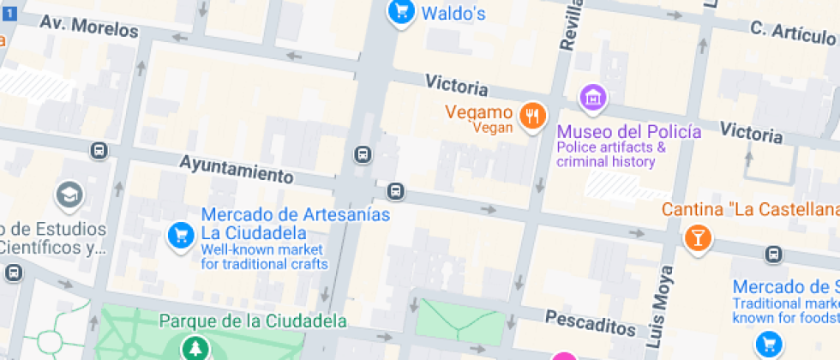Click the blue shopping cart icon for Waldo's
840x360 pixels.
pyautogui.click(x=400, y=11)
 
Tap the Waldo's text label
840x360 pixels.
pyautogui.click(x=454, y=13)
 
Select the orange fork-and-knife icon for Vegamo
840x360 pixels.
pyautogui.click(x=533, y=115)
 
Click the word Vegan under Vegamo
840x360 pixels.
pyautogui.click(x=493, y=129)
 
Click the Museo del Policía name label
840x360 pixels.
pyautogui.click(x=629, y=132)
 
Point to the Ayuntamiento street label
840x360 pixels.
pyautogui.click(x=236, y=168)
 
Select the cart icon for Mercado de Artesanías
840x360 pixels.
pyautogui.click(x=180, y=234)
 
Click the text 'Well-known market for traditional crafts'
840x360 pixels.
pyautogui.click(x=264, y=257)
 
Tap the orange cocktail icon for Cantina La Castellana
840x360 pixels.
pyautogui.click(x=698, y=237)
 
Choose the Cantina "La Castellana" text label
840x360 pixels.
pyautogui.click(x=750, y=210)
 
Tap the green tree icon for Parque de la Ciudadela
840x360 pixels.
pyautogui.click(x=196, y=347)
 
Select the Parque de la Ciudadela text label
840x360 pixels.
pyautogui.click(x=253, y=321)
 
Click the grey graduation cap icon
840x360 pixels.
pyautogui.click(x=69, y=195)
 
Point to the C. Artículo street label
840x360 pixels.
pyautogui.click(x=793, y=33)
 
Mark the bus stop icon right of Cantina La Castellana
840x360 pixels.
pyautogui.click(x=773, y=254)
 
